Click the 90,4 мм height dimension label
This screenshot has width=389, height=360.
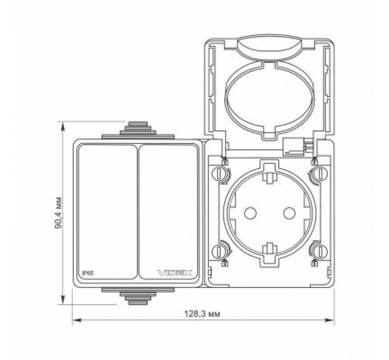click(57, 211)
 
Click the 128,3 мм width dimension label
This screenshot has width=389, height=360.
click(204, 314)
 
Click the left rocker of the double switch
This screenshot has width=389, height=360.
click(106, 211)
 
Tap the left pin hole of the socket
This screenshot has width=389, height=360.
click(249, 213)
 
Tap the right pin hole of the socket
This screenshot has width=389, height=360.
click(287, 213)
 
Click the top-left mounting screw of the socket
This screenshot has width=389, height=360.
click(220, 173)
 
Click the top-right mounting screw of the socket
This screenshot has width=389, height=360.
click(316, 173)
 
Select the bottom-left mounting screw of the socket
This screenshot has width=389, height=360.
click(220, 251)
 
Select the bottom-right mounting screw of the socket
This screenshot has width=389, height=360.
click(316, 251)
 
